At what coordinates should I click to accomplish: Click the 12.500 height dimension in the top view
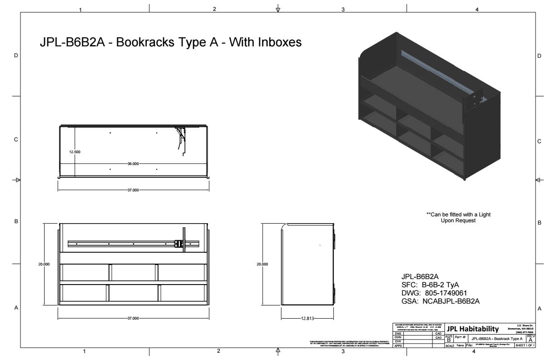point(75,152)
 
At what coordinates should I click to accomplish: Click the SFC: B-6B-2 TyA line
point(431,285)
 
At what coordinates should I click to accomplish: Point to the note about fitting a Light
point(459,217)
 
